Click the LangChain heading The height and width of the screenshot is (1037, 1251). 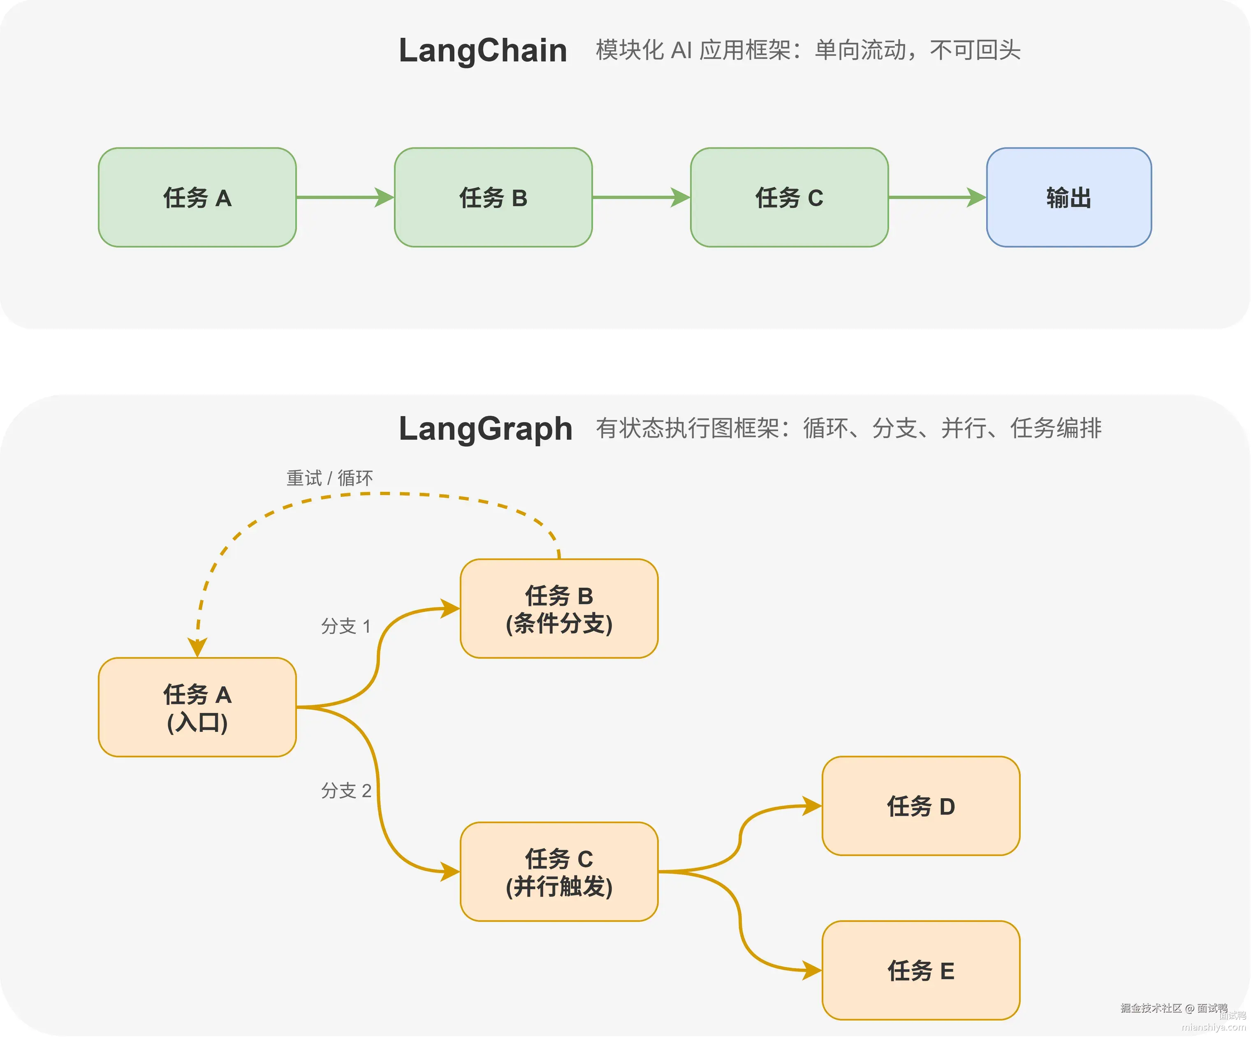pyautogui.click(x=482, y=51)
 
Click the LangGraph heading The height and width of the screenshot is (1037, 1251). pyautogui.click(x=486, y=429)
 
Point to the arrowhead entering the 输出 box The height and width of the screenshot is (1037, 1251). pyautogui.click(x=977, y=197)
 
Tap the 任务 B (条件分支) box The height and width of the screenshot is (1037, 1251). pyautogui.click(x=559, y=609)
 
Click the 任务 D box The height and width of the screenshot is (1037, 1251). pyautogui.click(x=921, y=806)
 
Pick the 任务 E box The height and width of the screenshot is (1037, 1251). pyautogui.click(x=921, y=971)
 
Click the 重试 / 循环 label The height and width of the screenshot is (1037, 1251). pyautogui.click(x=329, y=478)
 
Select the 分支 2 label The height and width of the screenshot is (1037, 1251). pyautogui.click(x=345, y=791)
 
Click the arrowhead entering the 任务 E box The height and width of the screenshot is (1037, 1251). pyautogui.click(x=812, y=971)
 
